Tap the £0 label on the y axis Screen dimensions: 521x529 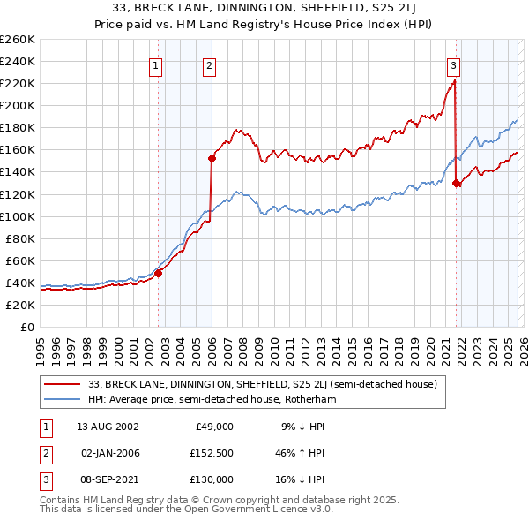point(27,327)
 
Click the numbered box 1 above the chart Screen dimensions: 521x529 point(156,64)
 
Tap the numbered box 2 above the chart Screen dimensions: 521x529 point(209,64)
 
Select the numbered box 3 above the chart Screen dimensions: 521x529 point(453,64)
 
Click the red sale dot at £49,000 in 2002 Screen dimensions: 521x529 point(159,273)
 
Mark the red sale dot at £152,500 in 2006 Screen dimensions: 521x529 point(212,158)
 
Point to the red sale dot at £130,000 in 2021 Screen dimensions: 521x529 point(457,183)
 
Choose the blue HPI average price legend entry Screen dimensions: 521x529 point(212,399)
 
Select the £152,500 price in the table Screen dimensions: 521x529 point(212,452)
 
